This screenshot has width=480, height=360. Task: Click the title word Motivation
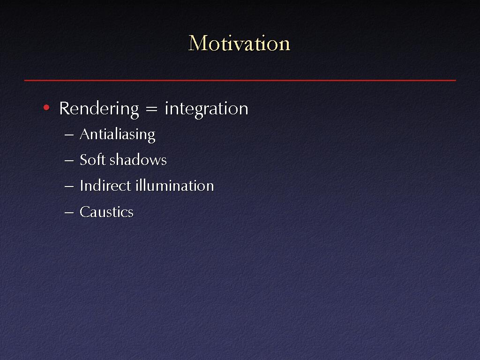(239, 43)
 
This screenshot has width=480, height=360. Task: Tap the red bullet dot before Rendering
(46, 107)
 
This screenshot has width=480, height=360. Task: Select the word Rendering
(99, 109)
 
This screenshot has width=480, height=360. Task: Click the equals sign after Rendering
(151, 109)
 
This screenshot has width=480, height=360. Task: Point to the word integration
(206, 109)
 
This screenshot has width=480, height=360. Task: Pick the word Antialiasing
(118, 135)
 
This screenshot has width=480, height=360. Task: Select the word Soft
(92, 159)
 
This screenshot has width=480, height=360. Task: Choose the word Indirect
(105, 186)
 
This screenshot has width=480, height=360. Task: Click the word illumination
(174, 186)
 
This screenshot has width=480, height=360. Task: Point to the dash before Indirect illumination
(69, 186)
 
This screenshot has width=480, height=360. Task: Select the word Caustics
(106, 212)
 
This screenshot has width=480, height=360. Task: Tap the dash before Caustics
(69, 212)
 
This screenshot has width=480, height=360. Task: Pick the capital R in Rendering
(65, 108)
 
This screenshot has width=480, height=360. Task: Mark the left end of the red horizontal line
(24, 81)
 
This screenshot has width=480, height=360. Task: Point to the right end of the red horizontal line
(456, 81)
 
